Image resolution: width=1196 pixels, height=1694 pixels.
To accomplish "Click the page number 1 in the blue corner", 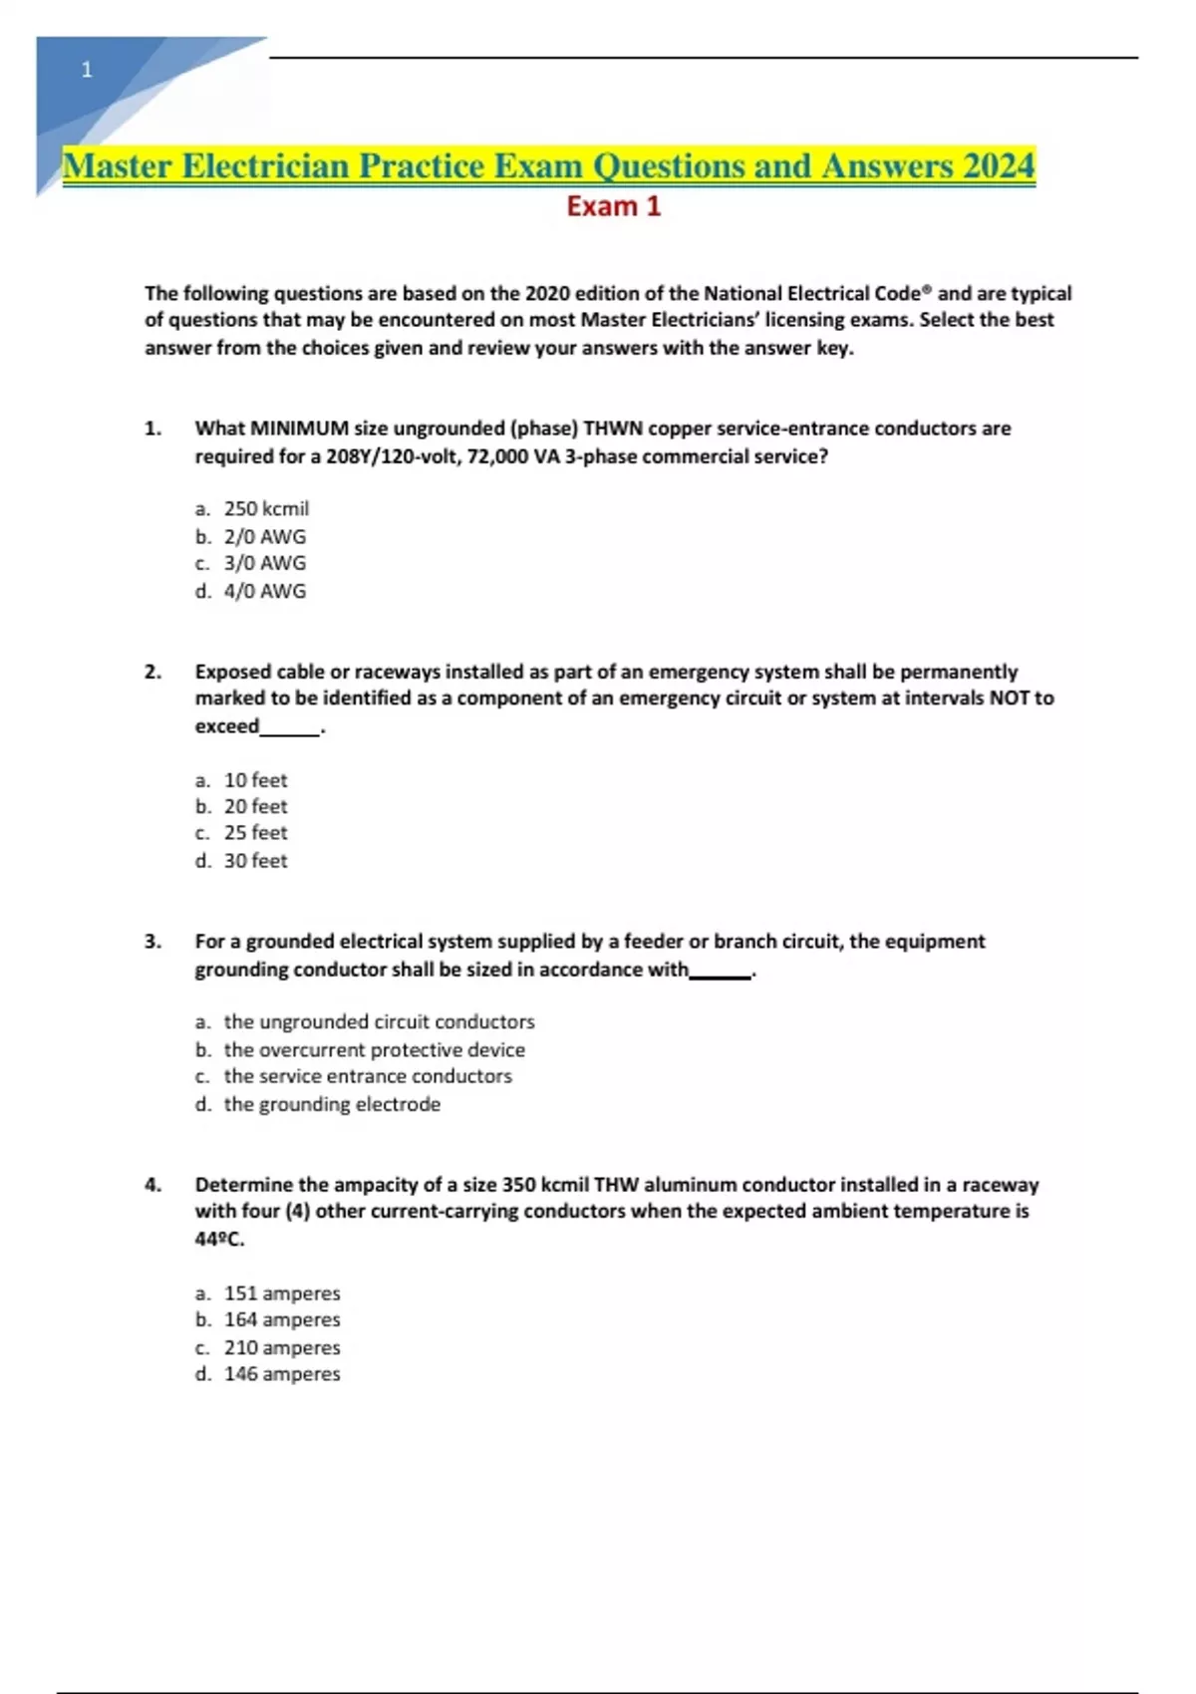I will click(87, 70).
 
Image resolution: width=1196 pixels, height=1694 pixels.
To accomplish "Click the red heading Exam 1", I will click(613, 206).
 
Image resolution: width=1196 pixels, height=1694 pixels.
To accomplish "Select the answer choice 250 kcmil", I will click(266, 508).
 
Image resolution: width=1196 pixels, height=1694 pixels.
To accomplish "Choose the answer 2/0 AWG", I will click(264, 536).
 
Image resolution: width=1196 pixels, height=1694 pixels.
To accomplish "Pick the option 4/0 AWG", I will click(264, 591).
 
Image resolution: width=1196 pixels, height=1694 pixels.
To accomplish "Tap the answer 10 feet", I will click(255, 780).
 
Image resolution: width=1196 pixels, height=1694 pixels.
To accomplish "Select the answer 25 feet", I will click(255, 833).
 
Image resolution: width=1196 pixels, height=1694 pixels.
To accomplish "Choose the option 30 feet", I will click(255, 860).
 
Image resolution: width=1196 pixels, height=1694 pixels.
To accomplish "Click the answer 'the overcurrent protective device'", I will click(374, 1049).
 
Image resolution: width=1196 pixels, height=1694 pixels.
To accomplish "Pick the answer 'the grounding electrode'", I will click(332, 1104).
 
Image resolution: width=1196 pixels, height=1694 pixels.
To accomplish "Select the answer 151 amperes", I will click(282, 1293).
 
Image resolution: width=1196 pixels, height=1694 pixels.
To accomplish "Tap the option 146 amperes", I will click(282, 1374).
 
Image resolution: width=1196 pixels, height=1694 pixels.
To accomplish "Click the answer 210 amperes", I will click(282, 1347).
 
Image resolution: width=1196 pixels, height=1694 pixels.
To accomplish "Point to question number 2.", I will click(152, 672).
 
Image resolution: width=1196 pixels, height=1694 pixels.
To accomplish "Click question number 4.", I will click(152, 1185).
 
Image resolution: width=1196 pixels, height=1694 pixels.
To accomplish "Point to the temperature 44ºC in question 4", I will click(219, 1240).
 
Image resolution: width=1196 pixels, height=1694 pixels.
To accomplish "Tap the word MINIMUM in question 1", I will click(295, 428).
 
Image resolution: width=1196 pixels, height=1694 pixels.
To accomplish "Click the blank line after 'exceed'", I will click(290, 727).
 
